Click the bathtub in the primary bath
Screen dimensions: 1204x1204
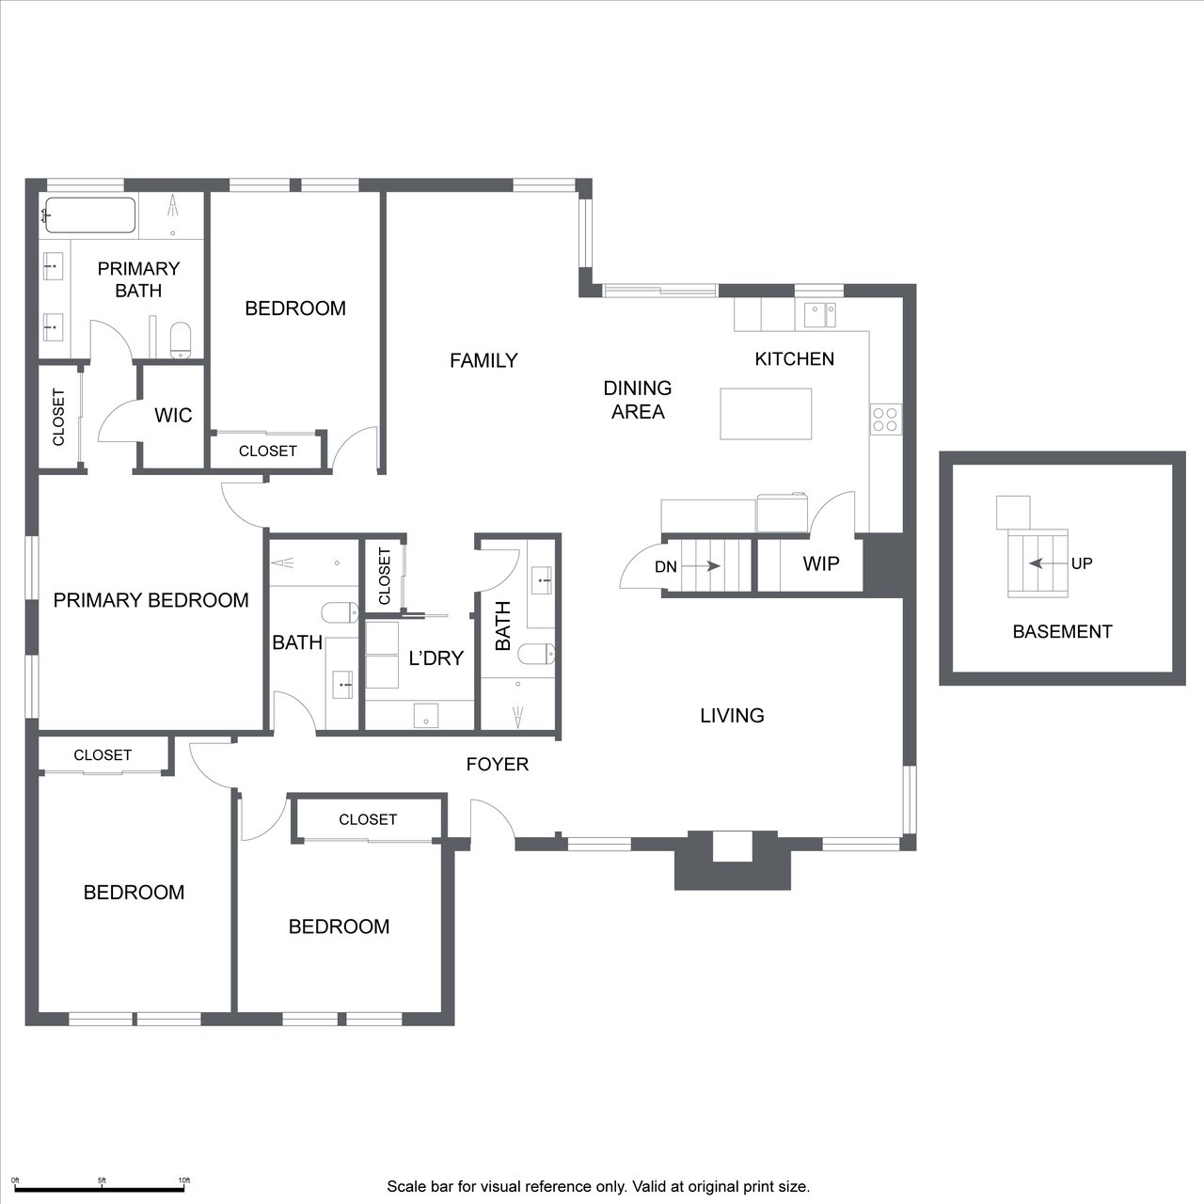(x=90, y=215)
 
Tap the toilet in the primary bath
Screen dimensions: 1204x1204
(x=181, y=340)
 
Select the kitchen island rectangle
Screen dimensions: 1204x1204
(x=766, y=414)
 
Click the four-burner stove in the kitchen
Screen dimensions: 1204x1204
(x=885, y=420)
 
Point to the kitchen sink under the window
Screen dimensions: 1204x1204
(x=819, y=315)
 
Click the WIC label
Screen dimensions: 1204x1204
(x=173, y=416)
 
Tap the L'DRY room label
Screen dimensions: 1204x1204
(x=436, y=657)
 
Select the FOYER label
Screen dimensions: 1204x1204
(x=498, y=764)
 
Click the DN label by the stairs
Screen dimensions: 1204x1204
(x=665, y=566)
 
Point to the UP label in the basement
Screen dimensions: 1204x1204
(x=1082, y=563)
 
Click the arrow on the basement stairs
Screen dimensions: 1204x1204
(x=1048, y=563)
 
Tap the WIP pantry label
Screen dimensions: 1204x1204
(x=821, y=563)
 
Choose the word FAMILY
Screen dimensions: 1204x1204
(x=483, y=360)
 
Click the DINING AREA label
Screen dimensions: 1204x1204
(x=638, y=400)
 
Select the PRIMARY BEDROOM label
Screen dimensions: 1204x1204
(x=150, y=600)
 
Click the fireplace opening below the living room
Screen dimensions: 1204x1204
(x=732, y=847)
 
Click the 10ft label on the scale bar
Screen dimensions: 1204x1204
(x=183, y=1180)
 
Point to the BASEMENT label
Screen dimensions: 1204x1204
(x=1062, y=632)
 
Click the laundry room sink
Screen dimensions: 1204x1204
(x=425, y=715)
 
